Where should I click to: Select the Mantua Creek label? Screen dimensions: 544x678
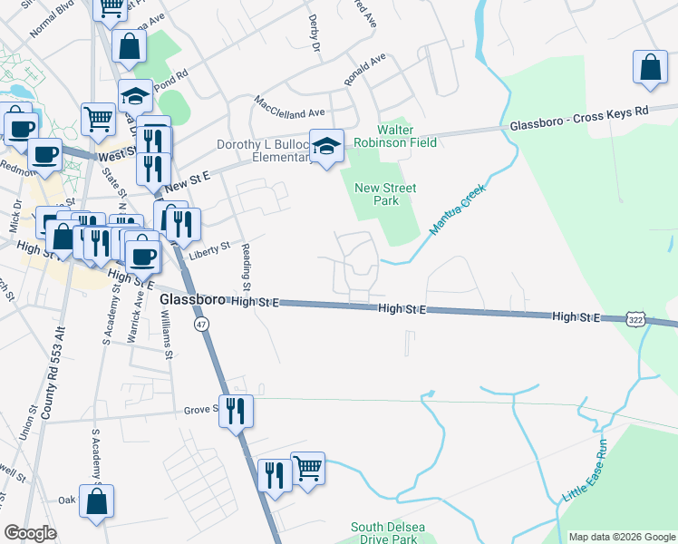click(x=458, y=209)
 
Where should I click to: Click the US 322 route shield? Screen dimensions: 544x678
click(x=635, y=319)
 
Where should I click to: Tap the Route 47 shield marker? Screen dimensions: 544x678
click(x=201, y=323)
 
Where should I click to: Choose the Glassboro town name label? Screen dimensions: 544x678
click(x=192, y=300)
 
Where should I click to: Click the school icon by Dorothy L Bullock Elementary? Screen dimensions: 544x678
click(x=326, y=144)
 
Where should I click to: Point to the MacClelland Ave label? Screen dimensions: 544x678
click(x=289, y=107)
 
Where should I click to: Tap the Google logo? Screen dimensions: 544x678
click(x=31, y=533)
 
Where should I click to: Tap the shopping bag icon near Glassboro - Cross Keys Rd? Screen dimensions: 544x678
click(x=651, y=67)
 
